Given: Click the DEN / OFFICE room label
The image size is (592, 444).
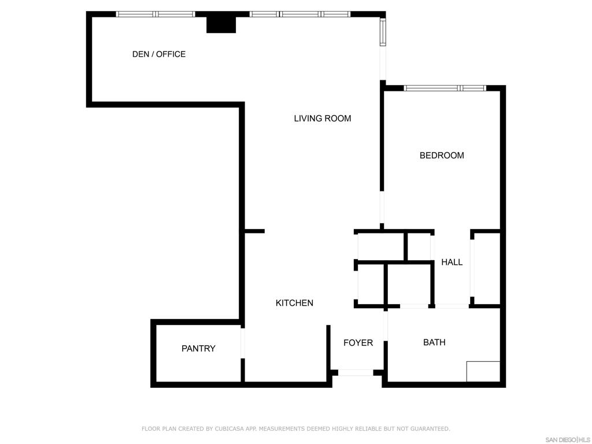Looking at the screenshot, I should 159,54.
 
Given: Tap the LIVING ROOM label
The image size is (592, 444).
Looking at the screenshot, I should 322,119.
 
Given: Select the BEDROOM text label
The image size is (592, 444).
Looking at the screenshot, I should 442,156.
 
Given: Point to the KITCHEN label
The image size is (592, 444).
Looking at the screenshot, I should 294,303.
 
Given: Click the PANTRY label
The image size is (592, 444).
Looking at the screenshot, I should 198,349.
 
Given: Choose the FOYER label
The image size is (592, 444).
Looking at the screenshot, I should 358,343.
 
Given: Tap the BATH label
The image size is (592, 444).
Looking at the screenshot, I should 434,342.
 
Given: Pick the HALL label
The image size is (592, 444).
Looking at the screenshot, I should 452,262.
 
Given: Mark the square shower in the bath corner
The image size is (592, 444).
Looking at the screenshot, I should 483,371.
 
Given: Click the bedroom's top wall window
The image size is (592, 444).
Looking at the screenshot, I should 445,88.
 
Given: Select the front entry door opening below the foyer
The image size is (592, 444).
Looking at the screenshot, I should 356,373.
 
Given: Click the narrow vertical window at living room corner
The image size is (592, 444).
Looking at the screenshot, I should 383,32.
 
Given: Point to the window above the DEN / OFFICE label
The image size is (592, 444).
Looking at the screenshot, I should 156,14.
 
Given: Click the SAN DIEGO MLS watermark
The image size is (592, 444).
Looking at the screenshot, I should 568,439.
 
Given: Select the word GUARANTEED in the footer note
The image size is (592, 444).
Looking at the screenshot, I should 430,429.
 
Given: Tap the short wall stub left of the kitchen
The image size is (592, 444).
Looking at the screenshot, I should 254,231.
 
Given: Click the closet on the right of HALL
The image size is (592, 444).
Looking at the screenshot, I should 486,269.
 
